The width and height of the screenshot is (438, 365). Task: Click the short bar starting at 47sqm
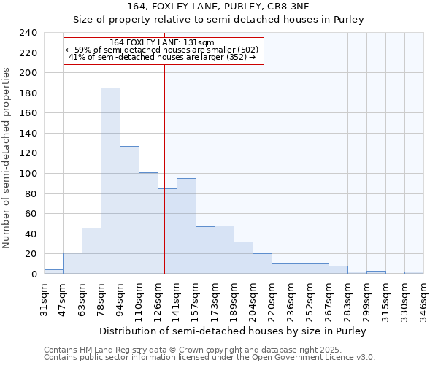[x=72, y=264]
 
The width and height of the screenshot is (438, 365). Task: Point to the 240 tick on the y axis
[x=28, y=33]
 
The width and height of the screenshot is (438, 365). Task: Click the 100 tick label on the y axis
[x=28, y=174]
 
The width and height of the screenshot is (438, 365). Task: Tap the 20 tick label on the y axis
[x=31, y=254]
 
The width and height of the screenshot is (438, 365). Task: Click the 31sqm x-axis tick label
[x=44, y=299]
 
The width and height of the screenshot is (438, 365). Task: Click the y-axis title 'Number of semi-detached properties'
[x=7, y=158]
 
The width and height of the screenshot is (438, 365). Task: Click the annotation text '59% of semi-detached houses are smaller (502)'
[x=161, y=50]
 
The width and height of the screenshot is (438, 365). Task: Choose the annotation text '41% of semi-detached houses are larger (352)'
[x=161, y=57]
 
